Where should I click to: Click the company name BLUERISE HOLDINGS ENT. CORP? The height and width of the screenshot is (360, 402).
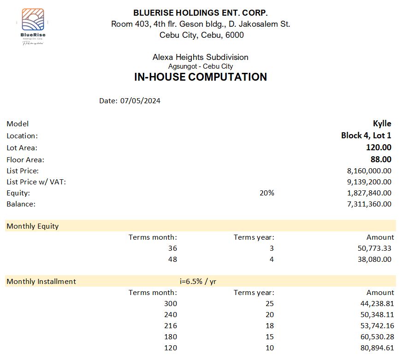click(200, 13)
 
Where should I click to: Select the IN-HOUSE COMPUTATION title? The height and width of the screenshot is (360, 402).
click(200, 77)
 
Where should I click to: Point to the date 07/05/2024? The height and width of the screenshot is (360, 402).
click(140, 100)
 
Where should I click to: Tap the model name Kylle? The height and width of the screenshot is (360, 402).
click(382, 124)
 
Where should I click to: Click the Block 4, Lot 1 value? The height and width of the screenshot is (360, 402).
click(366, 136)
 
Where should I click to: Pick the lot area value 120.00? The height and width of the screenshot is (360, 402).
click(378, 148)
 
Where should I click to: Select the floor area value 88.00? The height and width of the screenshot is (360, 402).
click(381, 159)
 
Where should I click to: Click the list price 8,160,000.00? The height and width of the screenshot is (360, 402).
click(369, 171)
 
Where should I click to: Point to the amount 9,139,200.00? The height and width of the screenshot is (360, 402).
click(369, 182)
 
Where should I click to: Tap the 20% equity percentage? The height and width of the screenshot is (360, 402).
click(267, 193)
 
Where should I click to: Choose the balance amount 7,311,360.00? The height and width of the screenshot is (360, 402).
click(369, 204)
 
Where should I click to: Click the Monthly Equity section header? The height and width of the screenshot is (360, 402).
click(33, 226)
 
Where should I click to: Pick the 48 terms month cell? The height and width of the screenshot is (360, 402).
click(172, 260)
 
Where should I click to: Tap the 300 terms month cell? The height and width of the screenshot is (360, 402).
click(171, 304)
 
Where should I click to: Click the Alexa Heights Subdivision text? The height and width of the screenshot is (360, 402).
click(200, 57)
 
